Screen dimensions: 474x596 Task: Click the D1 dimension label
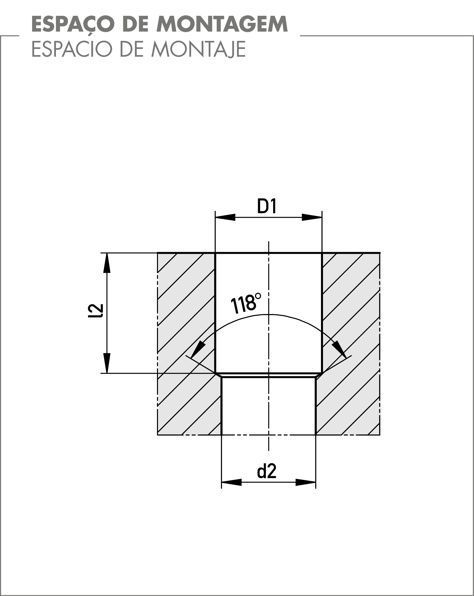point(267,206)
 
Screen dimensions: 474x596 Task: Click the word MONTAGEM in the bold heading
point(222,24)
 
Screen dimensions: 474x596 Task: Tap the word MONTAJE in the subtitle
point(198,49)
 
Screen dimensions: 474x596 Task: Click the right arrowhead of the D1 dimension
point(312,217)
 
